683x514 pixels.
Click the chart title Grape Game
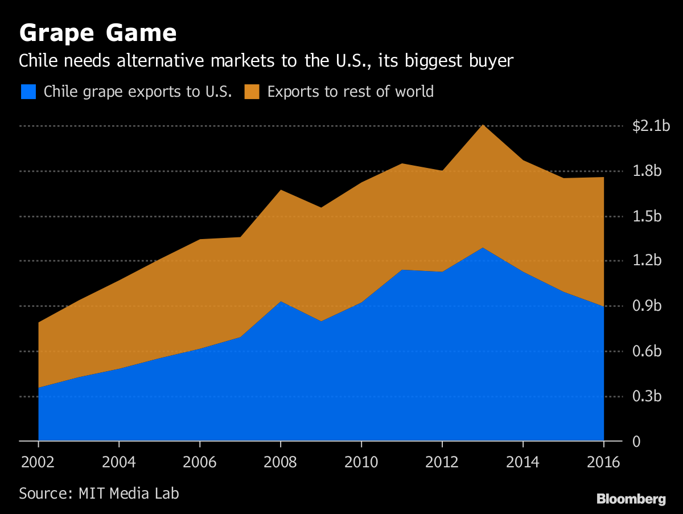click(98, 33)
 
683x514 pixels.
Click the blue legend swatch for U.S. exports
click(28, 92)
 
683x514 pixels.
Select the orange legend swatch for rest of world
click(252, 92)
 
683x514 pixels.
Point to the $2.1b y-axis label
click(651, 126)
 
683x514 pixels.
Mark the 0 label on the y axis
click(636, 442)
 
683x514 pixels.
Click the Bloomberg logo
click(631, 499)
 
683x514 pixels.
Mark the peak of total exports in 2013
click(483, 125)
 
